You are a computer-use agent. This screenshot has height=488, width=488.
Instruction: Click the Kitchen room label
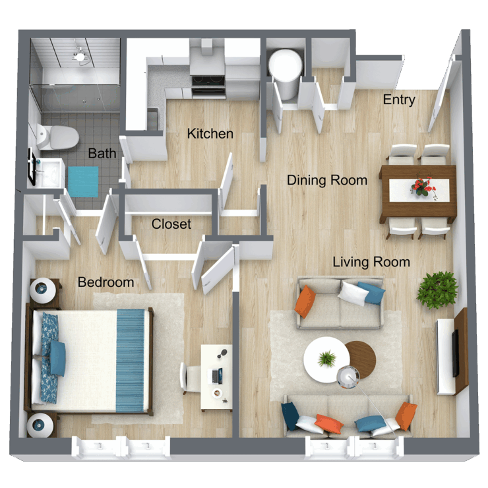[x=210, y=134]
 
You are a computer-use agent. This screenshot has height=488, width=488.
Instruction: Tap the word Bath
[x=102, y=154]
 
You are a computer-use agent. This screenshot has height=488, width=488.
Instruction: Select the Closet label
[x=171, y=224]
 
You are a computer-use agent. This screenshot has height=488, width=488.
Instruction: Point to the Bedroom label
[x=106, y=282]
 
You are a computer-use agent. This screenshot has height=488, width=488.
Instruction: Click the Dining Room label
[x=326, y=180]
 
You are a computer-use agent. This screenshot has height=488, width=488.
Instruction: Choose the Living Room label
[x=371, y=262]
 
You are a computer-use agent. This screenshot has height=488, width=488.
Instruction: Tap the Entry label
[x=399, y=100]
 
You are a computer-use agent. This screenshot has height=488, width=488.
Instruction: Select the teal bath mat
[x=84, y=181]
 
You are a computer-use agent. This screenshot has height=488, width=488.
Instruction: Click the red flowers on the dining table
[x=422, y=187]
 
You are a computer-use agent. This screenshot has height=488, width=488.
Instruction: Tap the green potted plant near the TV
[x=437, y=289]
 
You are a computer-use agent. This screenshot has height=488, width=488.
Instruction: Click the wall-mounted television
[x=455, y=353]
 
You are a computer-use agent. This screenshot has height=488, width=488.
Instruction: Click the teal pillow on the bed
[x=57, y=358]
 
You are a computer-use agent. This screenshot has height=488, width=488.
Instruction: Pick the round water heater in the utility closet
[x=285, y=65]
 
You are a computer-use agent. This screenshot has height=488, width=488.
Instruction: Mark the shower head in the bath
[x=80, y=55]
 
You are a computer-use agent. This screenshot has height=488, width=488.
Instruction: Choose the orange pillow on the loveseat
[x=304, y=301]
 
